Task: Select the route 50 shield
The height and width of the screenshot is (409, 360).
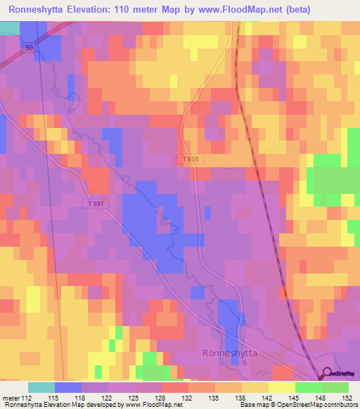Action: tap(28, 46)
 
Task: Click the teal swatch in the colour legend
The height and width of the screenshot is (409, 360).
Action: tap(41, 387)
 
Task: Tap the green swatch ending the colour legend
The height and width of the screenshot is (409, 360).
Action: tap(335, 387)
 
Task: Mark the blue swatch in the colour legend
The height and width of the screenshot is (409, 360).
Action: tap(68, 387)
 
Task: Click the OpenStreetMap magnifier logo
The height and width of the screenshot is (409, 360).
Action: tap(327, 375)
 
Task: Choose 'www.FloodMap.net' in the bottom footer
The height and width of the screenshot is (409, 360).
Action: tap(150, 405)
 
